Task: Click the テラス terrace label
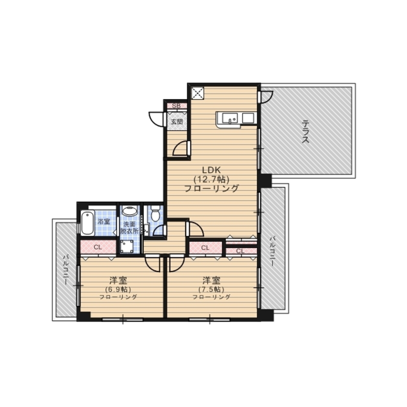pyautogui.click(x=306, y=131)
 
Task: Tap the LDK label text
pyautogui.click(x=211, y=170)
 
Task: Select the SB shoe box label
pyautogui.click(x=176, y=106)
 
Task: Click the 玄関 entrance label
pyautogui.click(x=177, y=121)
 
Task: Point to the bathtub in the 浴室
pyautogui.click(x=88, y=223)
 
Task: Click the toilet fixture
pyautogui.click(x=155, y=213)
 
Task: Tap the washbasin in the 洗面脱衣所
pyautogui.click(x=129, y=210)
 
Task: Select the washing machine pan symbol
pyautogui.click(x=127, y=246)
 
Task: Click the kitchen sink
pyautogui.click(x=230, y=118)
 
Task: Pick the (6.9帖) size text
pyautogui.click(x=118, y=289)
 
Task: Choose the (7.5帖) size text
pyautogui.click(x=211, y=289)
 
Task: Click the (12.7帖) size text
pyautogui.click(x=211, y=179)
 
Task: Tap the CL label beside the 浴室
pyautogui.click(x=98, y=247)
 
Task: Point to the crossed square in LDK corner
pyautogui.click(x=198, y=93)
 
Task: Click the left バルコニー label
pyautogui.click(x=66, y=269)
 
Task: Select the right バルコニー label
pyautogui.click(x=272, y=251)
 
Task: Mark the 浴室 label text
pyautogui.click(x=104, y=222)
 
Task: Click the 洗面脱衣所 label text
pyautogui.click(x=129, y=228)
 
